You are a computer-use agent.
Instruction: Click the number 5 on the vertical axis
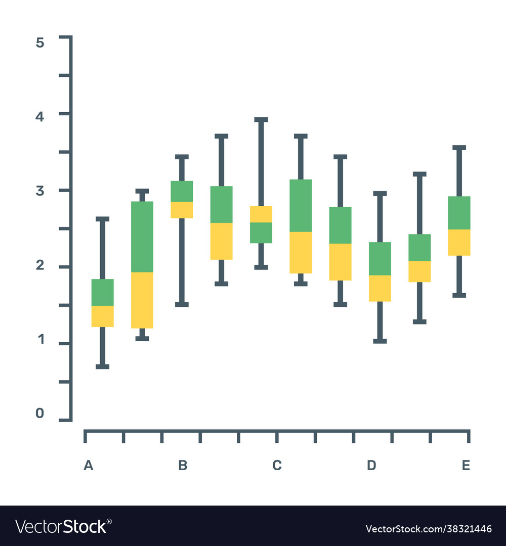[40, 43]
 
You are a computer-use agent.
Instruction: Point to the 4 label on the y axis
[40, 116]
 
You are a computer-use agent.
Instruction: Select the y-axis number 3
[40, 191]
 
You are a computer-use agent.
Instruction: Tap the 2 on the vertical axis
[40, 265]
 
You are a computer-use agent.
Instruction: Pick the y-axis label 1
[40, 340]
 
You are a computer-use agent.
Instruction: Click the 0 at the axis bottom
[40, 414]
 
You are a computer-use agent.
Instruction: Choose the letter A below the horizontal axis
[89, 466]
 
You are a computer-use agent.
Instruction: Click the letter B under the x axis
[183, 466]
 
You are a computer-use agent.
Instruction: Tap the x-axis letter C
[277, 466]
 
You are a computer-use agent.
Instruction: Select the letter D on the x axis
[371, 466]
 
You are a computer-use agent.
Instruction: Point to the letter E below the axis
[466, 466]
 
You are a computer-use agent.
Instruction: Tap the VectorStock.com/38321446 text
[429, 529]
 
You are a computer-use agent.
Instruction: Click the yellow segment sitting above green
[261, 214]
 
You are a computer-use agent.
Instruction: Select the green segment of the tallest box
[142, 237]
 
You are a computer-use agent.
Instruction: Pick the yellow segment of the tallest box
[142, 300]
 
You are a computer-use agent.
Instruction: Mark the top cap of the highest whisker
[261, 120]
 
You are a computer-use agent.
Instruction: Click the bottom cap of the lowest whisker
[103, 367]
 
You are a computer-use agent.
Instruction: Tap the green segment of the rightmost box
[459, 212]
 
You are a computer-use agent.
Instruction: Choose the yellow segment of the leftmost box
[103, 316]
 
